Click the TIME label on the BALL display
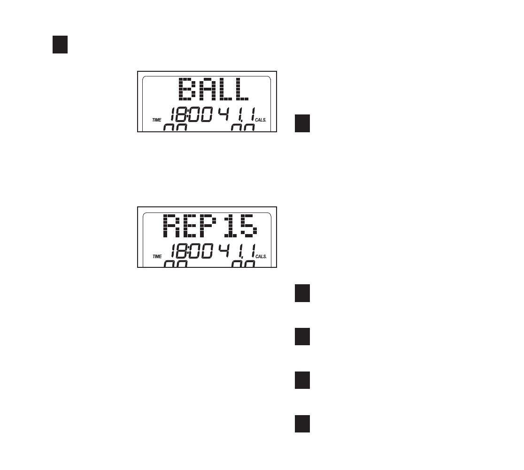[x=157, y=121]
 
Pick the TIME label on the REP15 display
[x=157, y=257]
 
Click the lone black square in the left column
[x=60, y=45]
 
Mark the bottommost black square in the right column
[x=302, y=424]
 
